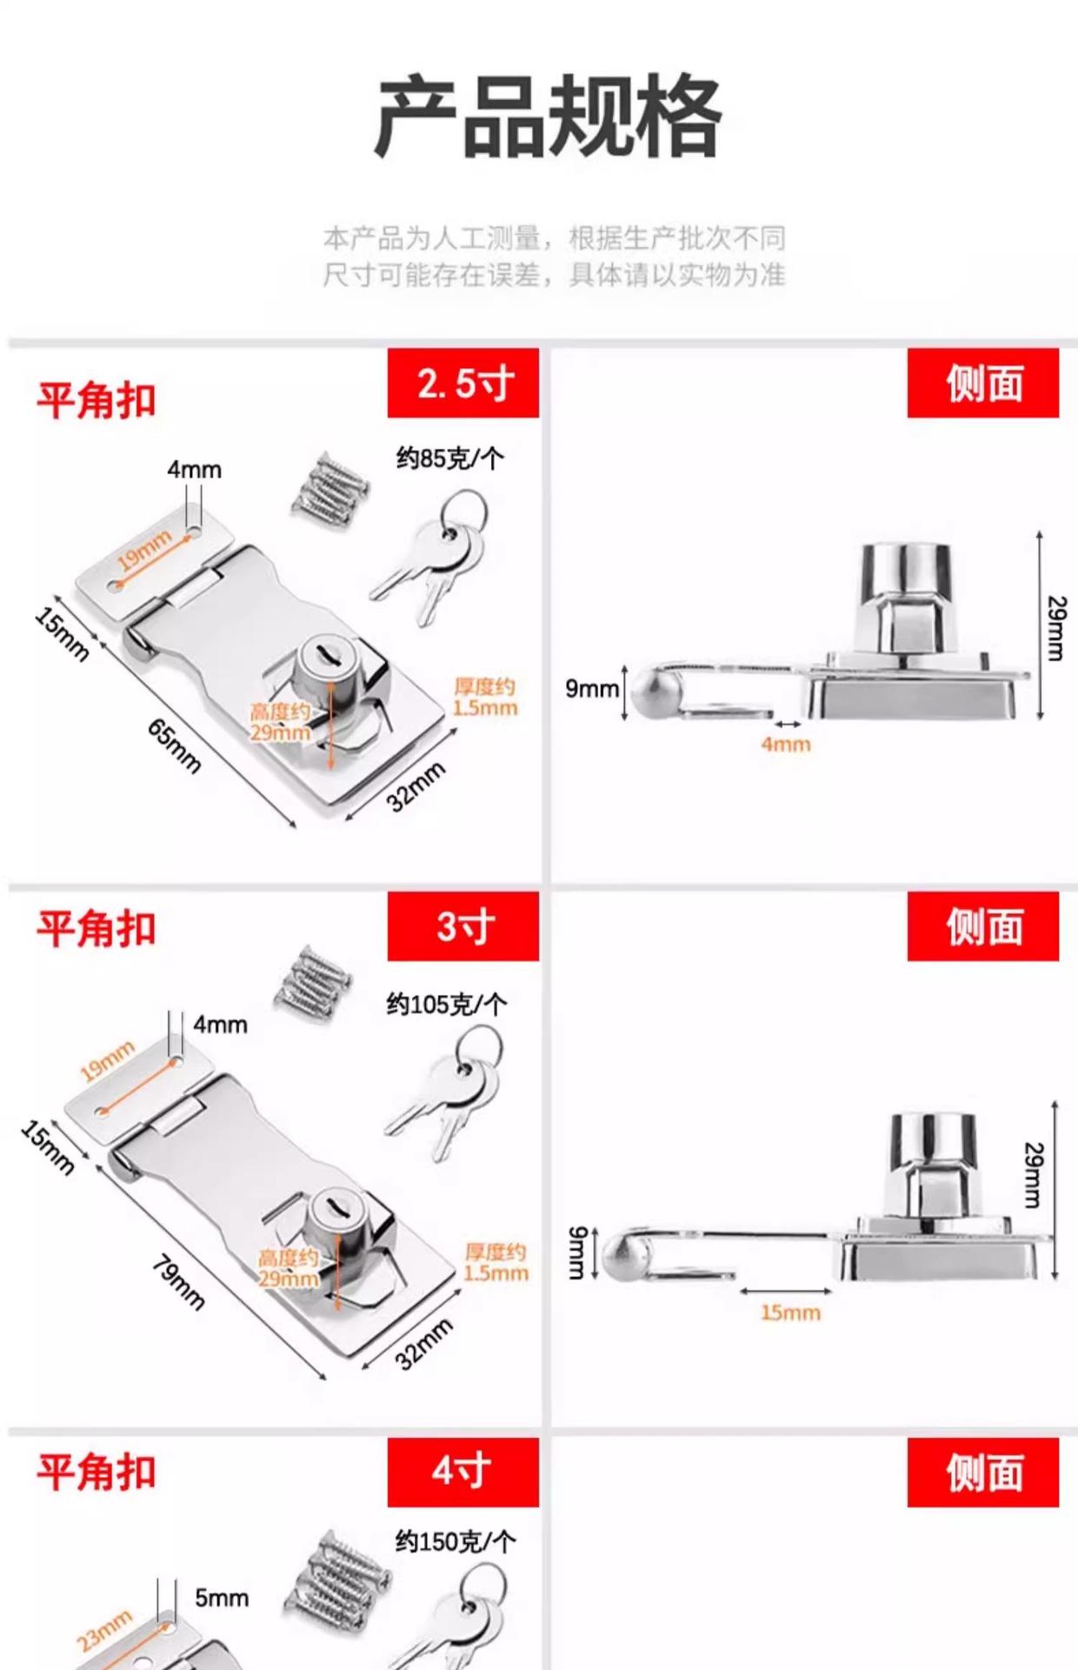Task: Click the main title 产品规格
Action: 548,117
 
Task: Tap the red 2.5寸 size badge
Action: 463,384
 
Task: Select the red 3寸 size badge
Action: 463,926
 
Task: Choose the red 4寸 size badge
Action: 463,1472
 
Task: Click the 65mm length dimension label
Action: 174,746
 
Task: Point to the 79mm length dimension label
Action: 178,1282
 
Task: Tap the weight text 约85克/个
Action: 449,458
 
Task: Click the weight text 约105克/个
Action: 446,1005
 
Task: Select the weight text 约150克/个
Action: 455,1542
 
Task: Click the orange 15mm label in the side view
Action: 790,1313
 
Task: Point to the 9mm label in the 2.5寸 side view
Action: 591,689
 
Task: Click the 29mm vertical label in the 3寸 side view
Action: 1033,1175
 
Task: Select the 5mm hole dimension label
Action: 222,1598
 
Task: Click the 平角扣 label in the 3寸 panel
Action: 96,929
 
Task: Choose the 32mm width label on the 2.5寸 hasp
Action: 417,786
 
